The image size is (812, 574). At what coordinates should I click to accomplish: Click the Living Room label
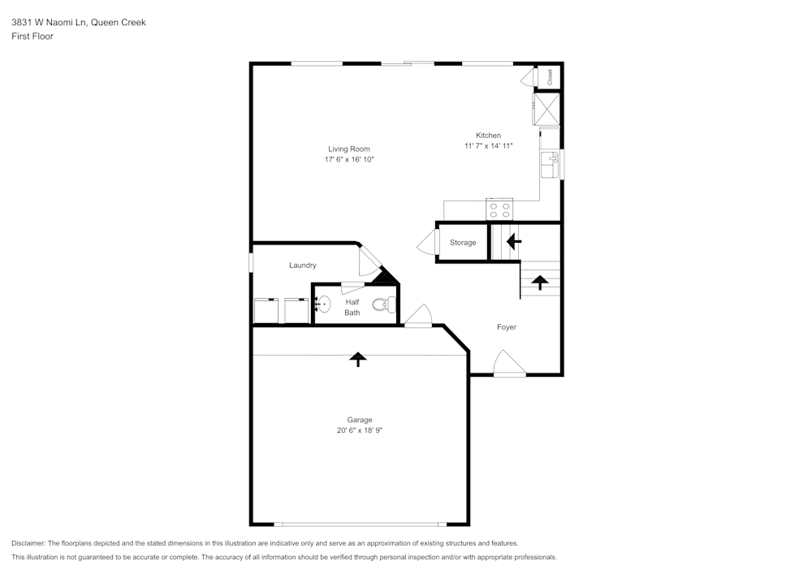[x=349, y=149]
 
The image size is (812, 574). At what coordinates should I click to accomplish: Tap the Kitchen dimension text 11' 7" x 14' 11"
[x=488, y=146]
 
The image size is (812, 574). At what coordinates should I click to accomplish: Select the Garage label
[x=359, y=420]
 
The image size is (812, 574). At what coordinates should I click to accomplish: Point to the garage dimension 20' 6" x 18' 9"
[x=359, y=430]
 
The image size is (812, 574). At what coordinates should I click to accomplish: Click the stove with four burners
[x=499, y=210]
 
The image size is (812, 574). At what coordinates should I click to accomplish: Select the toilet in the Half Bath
[x=383, y=305]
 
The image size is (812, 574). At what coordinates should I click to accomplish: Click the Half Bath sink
[x=322, y=304]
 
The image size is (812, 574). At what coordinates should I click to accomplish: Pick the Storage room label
[x=463, y=243]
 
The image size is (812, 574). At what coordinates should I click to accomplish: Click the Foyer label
[x=507, y=327]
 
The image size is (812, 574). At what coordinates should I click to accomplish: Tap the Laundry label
[x=303, y=265]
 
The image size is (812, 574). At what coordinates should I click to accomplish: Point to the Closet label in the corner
[x=550, y=76]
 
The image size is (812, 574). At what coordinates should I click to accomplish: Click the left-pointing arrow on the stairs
[x=513, y=241]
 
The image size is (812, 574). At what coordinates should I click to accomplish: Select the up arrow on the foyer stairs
[x=540, y=282]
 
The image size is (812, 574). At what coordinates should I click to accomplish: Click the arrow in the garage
[x=357, y=359]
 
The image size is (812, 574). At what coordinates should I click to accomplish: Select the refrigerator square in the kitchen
[x=546, y=110]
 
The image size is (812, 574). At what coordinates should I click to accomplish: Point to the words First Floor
[x=32, y=37]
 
